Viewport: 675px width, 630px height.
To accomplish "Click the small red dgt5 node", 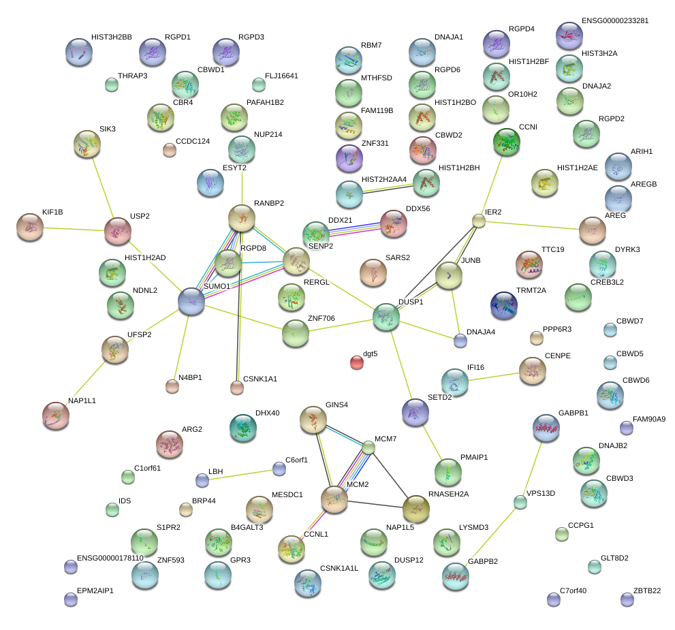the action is tap(357, 362).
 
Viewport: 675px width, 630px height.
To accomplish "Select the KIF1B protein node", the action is tap(29, 227).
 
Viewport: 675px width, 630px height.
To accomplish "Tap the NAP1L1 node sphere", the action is tap(56, 415).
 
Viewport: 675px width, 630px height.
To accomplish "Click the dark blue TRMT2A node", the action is tap(503, 305).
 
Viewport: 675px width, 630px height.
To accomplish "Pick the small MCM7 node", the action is tap(368, 447).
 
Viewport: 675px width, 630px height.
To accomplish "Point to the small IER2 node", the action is tap(479, 220).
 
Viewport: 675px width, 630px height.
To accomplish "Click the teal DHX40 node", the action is tap(242, 427).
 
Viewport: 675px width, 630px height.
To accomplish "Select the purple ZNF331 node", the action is tap(349, 158).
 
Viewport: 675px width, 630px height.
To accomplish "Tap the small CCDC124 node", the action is tap(169, 150).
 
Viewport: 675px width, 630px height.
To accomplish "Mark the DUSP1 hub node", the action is tap(386, 317).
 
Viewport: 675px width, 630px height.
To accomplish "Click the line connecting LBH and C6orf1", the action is tap(240, 474).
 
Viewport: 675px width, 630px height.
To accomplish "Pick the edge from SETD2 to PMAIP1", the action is tap(431, 441).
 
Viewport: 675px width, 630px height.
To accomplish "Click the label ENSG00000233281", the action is tap(614, 20).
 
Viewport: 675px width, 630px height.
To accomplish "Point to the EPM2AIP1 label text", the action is tap(95, 590).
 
